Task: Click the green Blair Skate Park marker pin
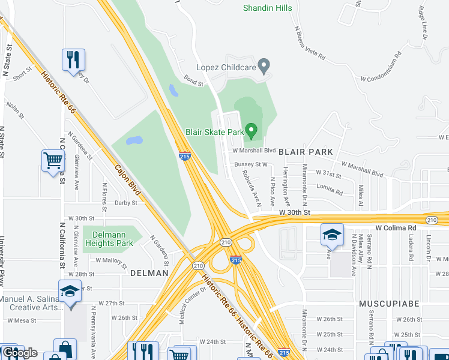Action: point(252,130)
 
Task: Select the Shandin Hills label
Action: point(268,8)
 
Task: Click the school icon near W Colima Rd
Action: point(331,236)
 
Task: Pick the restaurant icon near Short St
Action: point(73,60)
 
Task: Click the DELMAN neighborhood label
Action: point(149,273)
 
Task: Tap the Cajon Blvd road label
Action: point(127,181)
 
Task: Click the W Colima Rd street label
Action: point(396,228)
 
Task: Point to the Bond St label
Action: point(194,81)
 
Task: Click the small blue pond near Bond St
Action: point(173,91)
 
